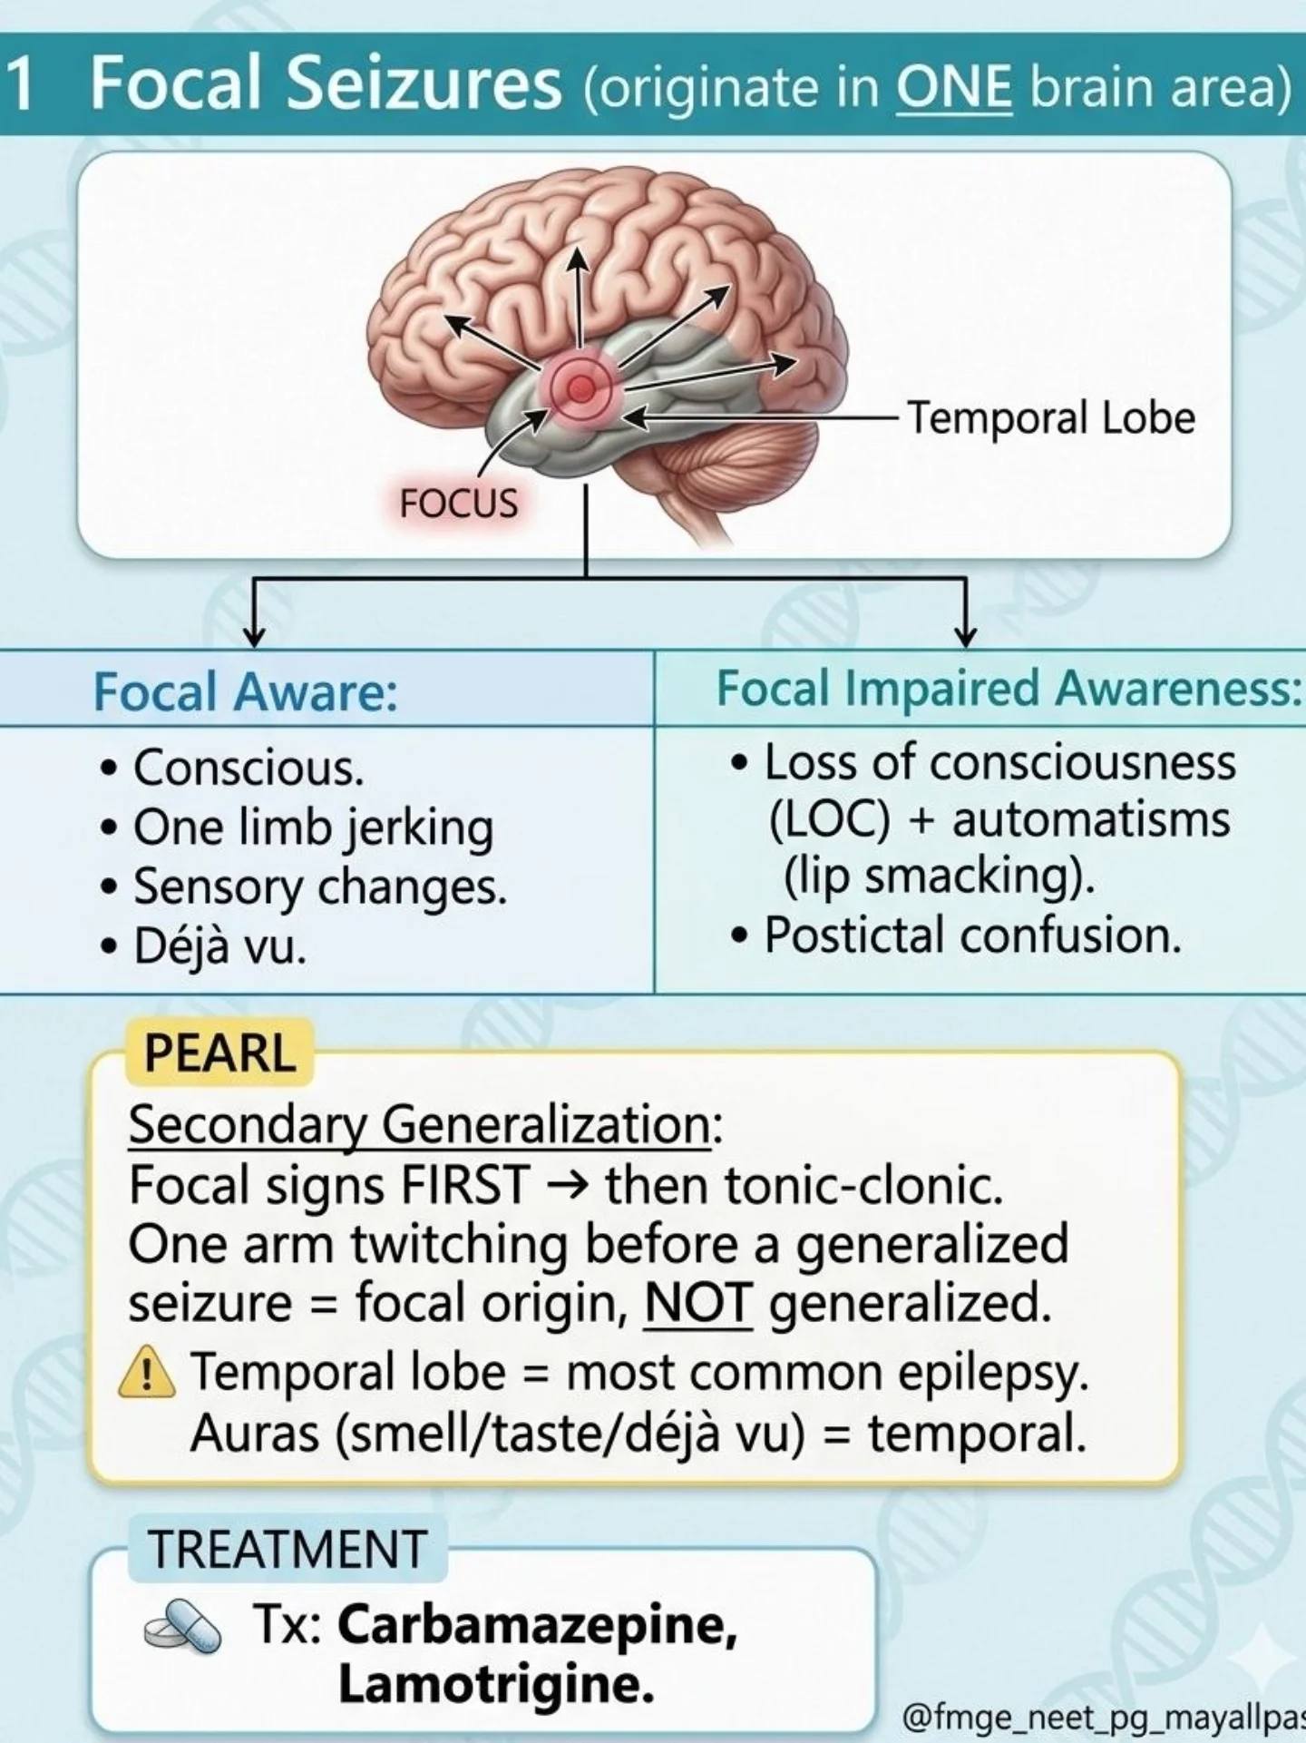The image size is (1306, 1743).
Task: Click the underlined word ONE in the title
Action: pyautogui.click(x=953, y=87)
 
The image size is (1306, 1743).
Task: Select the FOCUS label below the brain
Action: pyautogui.click(x=459, y=503)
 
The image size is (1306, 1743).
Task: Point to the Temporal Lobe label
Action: pyautogui.click(x=1052, y=418)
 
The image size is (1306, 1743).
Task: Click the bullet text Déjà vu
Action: pyautogui.click(x=220, y=945)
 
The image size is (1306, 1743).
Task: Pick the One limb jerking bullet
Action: pyautogui.click(x=314, y=827)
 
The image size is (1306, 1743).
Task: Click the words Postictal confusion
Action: pyautogui.click(x=973, y=935)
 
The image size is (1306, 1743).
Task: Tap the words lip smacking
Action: pyautogui.click(x=939, y=877)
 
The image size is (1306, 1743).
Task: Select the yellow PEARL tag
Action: pyautogui.click(x=219, y=1053)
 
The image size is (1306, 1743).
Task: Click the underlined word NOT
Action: pyautogui.click(x=697, y=1303)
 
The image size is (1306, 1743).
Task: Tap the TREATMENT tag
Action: pyautogui.click(x=287, y=1549)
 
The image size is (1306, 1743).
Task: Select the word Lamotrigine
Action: pyautogui.click(x=496, y=1685)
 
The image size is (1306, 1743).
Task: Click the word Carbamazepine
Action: pyautogui.click(x=538, y=1624)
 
